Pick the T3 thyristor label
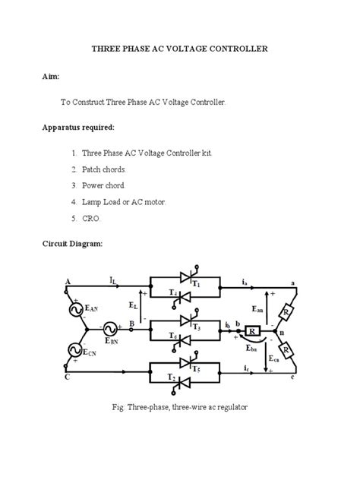(x=195, y=327)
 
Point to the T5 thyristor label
(x=196, y=370)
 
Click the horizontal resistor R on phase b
(x=251, y=330)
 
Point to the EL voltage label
(x=134, y=307)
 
